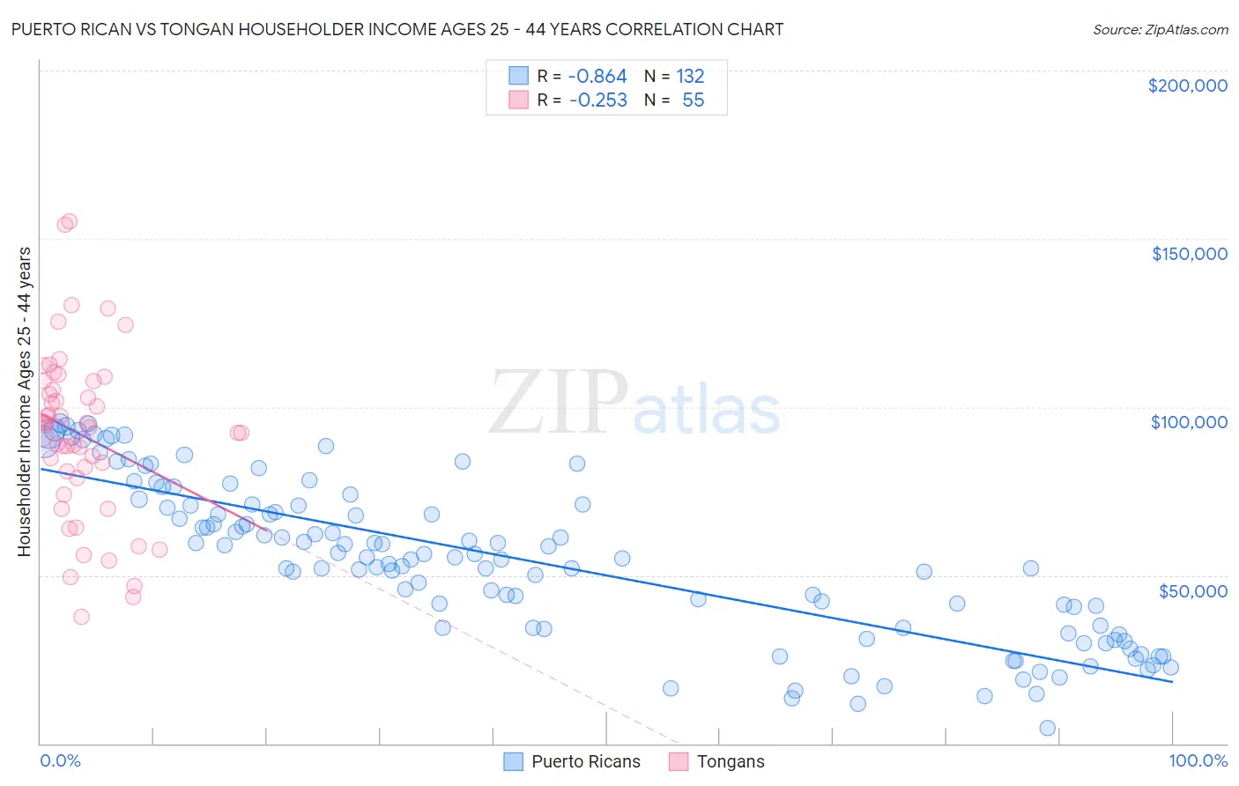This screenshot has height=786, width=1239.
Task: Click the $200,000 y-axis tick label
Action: coord(1187,85)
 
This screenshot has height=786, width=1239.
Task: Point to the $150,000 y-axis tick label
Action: coord(1189,254)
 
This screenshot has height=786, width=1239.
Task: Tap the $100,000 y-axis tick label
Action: coord(1189,422)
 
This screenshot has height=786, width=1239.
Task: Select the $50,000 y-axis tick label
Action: coord(1192,590)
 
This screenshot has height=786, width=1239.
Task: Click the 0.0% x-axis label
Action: coord(60,761)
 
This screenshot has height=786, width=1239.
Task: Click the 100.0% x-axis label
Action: coord(1198,761)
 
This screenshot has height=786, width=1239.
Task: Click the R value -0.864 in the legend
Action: coord(597,77)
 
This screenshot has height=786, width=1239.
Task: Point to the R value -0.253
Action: coord(597,100)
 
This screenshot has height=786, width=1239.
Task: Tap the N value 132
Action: coord(690,77)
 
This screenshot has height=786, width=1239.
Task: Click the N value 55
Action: coord(693,100)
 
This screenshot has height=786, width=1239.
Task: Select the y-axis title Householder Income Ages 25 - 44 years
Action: coord(25,402)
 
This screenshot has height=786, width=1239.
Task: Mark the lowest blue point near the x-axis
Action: coord(1047,728)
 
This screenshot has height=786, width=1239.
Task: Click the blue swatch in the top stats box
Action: coord(518,77)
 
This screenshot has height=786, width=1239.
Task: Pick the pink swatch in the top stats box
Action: coord(518,100)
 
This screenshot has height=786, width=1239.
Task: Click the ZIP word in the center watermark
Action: coord(559,404)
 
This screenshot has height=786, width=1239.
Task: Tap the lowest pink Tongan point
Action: coord(81,617)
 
